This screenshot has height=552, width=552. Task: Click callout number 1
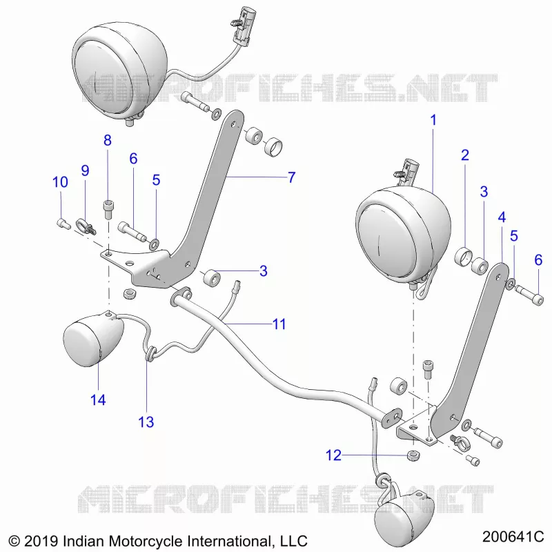433,120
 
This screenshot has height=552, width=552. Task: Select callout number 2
465,155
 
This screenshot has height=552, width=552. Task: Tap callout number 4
502,217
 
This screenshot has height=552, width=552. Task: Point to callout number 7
291,177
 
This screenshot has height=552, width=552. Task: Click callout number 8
108,140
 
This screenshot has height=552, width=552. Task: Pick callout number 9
85,170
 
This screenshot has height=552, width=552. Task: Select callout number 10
60,182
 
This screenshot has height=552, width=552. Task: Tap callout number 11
279,324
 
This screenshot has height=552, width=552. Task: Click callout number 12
333,455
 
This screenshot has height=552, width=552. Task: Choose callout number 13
146,422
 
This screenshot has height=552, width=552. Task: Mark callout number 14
98,400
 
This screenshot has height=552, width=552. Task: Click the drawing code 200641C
513,537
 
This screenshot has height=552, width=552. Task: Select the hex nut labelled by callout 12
413,455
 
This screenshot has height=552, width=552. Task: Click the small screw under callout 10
63,224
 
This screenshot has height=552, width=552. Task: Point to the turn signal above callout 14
93,338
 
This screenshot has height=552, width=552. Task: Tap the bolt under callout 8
108,210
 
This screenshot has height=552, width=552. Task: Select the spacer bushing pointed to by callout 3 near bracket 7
213,278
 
